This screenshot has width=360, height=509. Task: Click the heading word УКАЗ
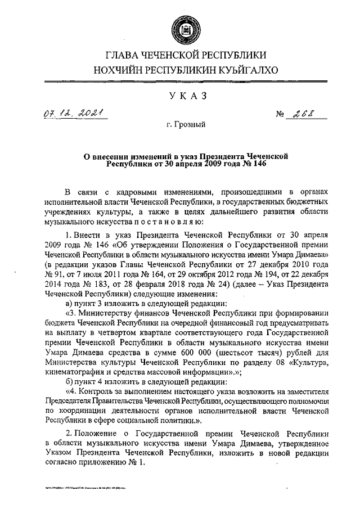179,97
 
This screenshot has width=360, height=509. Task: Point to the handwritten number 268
303,115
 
